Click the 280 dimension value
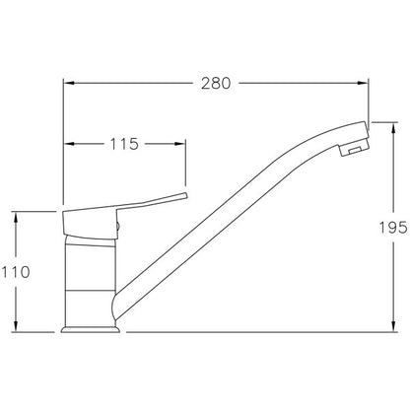tap(216, 84)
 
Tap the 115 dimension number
tap(124, 144)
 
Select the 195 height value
tap(393, 228)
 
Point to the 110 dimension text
tap(16, 272)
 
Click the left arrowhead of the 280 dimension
tap(68, 84)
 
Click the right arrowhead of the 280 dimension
tap(363, 84)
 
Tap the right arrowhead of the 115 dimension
tap(180, 144)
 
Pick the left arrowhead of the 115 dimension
tap(68, 144)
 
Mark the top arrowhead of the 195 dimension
tap(393, 128)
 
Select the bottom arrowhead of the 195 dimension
tap(393, 326)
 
